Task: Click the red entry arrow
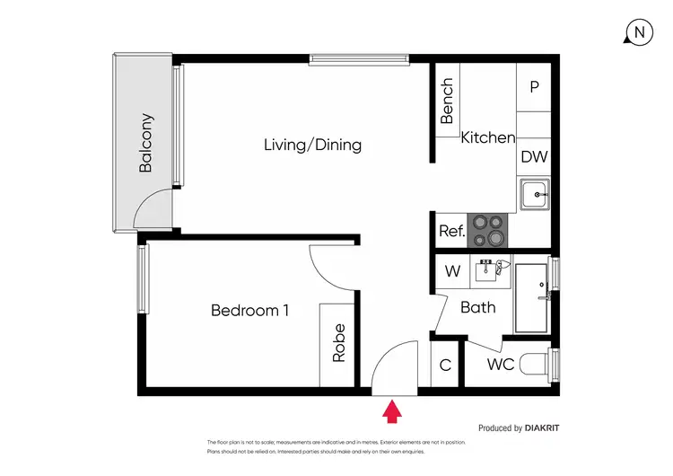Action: (391, 412)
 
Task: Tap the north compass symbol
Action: (638, 32)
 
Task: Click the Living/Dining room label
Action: (312, 145)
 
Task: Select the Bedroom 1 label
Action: (249, 311)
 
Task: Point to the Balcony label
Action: (146, 142)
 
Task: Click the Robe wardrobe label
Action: (338, 342)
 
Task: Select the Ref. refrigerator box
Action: (451, 231)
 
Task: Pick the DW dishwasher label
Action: (534, 156)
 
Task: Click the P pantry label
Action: (534, 87)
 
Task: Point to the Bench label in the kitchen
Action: (448, 101)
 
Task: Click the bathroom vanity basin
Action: (489, 267)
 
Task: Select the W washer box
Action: (453, 270)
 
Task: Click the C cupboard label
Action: (445, 366)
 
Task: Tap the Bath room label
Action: (477, 308)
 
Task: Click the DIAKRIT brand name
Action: (542, 428)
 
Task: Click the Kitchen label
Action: (488, 138)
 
